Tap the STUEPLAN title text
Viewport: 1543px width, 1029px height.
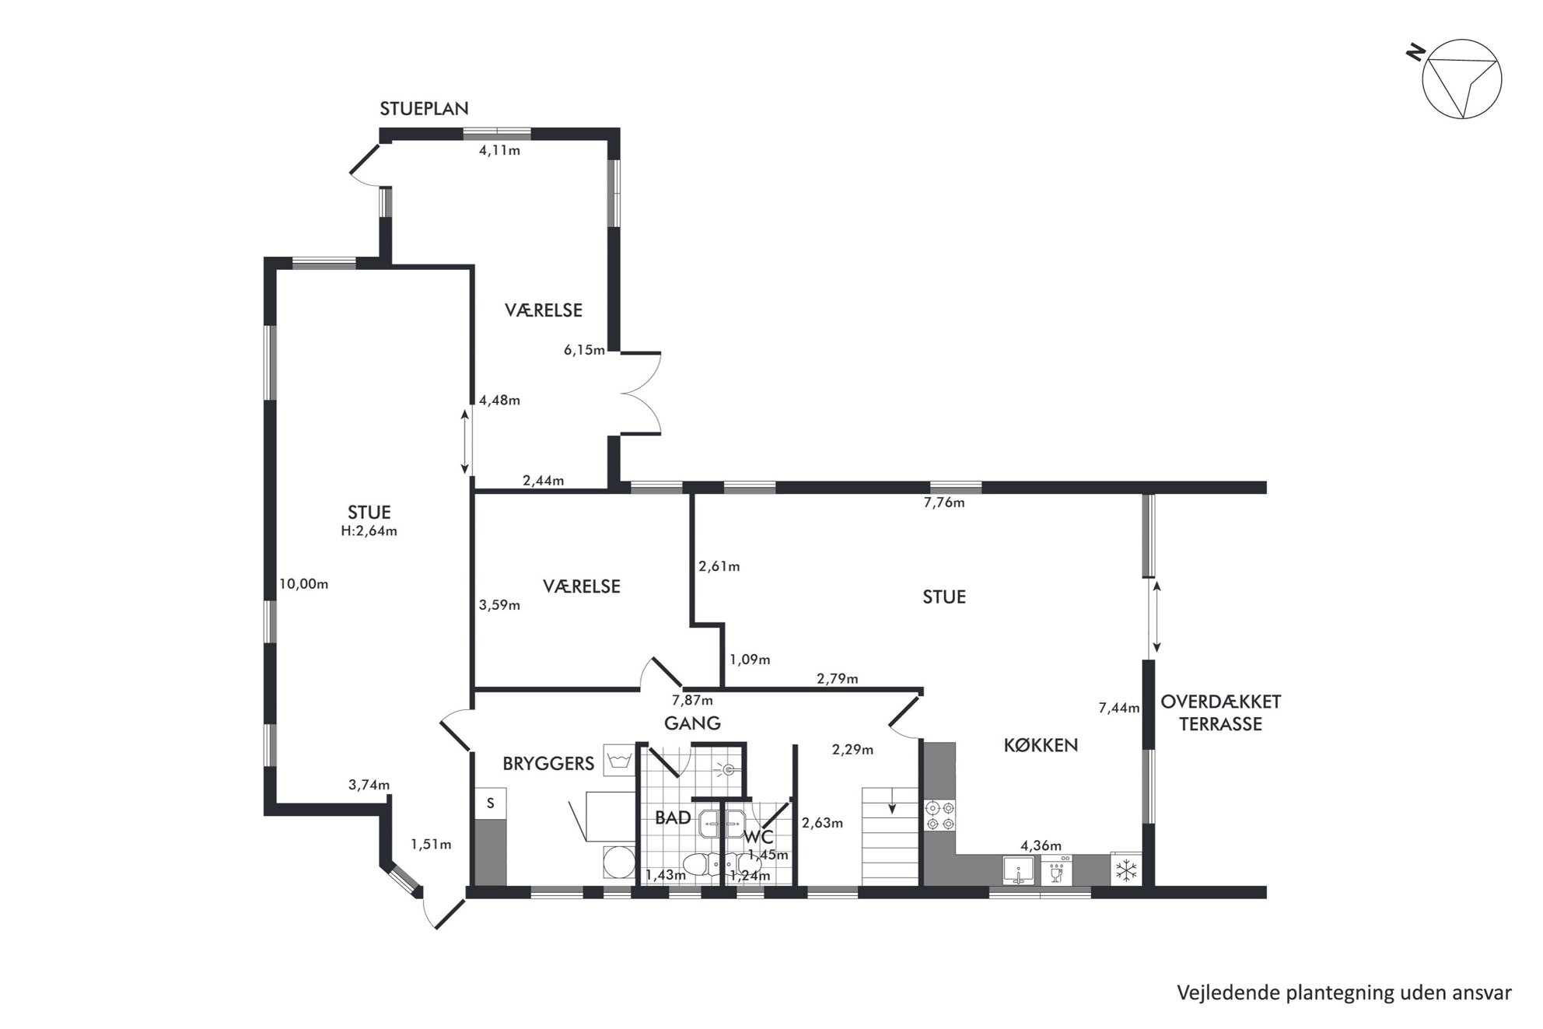click(424, 108)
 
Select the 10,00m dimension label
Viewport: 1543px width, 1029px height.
click(303, 584)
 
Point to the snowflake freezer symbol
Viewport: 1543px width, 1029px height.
click(1126, 870)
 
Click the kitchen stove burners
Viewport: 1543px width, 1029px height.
click(939, 815)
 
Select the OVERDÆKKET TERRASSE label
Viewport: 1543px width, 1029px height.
click(1220, 712)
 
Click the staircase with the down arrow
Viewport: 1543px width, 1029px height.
click(890, 836)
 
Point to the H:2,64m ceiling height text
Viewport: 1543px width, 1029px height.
click(369, 531)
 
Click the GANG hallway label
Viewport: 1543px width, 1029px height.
click(692, 723)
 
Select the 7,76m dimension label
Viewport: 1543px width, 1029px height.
click(944, 503)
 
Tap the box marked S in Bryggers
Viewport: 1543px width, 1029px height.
click(491, 803)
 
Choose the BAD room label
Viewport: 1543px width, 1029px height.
click(673, 817)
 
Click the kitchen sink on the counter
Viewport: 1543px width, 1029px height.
click(1018, 870)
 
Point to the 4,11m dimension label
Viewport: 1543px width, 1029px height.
click(499, 151)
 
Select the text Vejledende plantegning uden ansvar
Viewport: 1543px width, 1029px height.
click(1345, 993)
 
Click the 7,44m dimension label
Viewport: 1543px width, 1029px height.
click(1119, 709)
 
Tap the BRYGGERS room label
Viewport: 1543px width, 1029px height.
click(548, 764)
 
